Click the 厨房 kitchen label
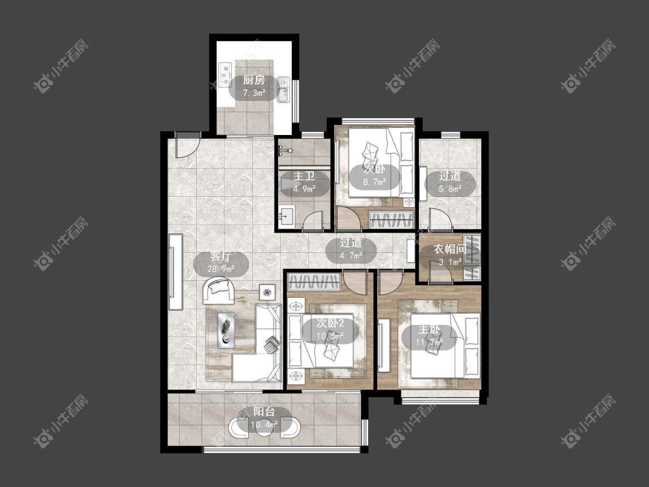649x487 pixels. pos(253,80)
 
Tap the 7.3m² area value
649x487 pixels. pos(253,93)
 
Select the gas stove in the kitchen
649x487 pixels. pos(225,74)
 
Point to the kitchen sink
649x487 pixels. pos(283,90)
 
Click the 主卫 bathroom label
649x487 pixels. pos(304,175)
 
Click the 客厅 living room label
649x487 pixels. pos(220,256)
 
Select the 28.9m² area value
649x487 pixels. pos(220,269)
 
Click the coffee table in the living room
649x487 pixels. pos(226,329)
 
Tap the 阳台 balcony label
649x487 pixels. pos(264,411)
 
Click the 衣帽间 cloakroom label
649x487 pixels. pos(450,249)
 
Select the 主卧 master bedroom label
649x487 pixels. pos(429,329)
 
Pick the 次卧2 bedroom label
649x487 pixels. pos(330,323)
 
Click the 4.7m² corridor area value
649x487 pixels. pos(351,256)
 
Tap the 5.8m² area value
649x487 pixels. pos(450,189)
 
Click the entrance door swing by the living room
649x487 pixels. pos(187,145)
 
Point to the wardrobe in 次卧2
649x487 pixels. pos(314,282)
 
